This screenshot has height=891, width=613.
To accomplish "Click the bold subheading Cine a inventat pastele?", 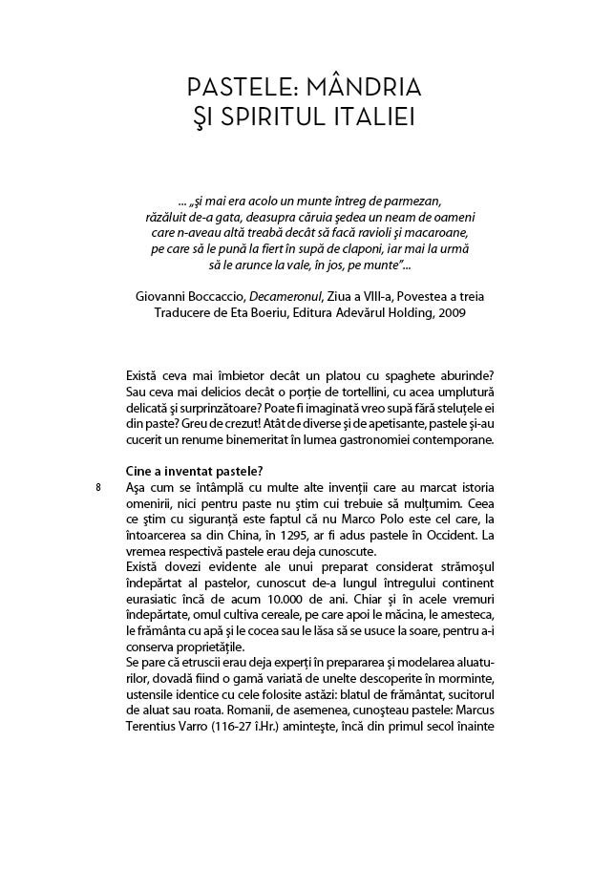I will point(194,471).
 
